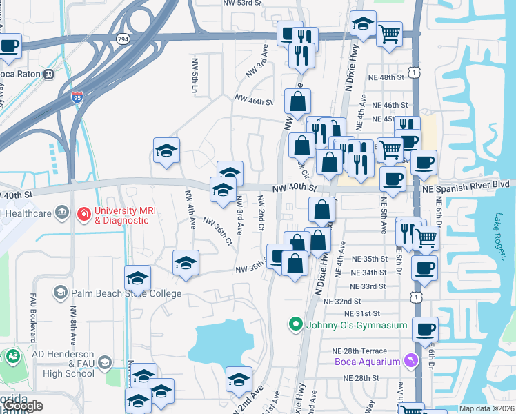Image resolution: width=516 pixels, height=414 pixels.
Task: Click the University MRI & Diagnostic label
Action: pyautogui.click(x=121, y=215)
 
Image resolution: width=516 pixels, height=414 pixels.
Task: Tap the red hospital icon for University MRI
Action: pyautogui.click(x=84, y=215)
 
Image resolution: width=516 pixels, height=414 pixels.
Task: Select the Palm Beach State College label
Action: pyautogui.click(x=126, y=293)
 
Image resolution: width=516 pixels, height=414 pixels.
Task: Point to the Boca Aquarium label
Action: pyautogui.click(x=367, y=362)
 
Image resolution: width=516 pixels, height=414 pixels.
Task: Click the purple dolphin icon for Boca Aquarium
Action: pyautogui.click(x=412, y=361)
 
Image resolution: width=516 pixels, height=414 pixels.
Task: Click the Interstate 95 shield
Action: pyautogui.click(x=77, y=97)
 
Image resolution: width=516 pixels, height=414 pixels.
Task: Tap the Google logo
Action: pyautogui.click(x=23, y=406)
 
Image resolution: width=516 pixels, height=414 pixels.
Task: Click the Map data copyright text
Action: pyautogui.click(x=486, y=408)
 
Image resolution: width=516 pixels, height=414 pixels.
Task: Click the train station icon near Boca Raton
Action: pyautogui.click(x=49, y=75)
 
